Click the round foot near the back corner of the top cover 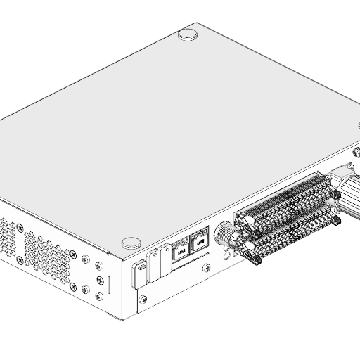[x=188, y=33]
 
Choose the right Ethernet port [x=200, y=242]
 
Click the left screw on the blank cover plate [x=144, y=300]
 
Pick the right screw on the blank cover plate [x=206, y=268]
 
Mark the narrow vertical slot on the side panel [x=108, y=285]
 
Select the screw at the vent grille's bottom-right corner [x=85, y=288]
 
